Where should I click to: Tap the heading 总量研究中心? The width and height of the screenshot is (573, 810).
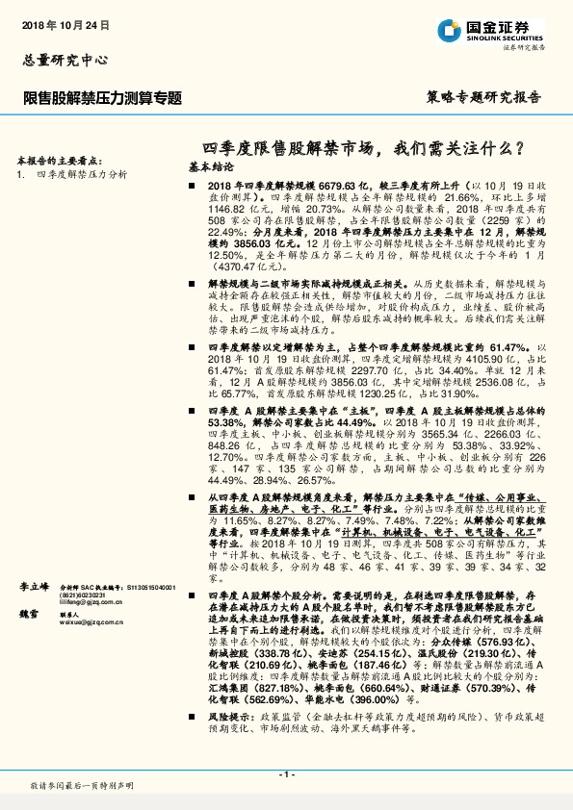[65, 60]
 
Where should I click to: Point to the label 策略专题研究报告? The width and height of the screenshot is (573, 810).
[482, 97]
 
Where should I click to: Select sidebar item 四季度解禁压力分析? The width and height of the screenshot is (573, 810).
[82, 174]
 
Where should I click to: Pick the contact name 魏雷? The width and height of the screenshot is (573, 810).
[31, 641]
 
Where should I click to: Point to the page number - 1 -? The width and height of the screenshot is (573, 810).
[286, 773]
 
